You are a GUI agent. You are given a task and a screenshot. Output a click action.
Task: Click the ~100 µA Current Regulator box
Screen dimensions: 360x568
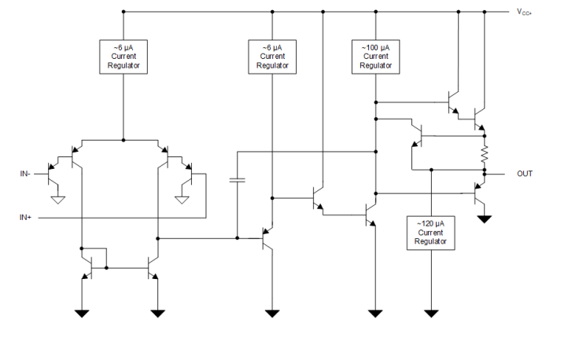click(375, 57)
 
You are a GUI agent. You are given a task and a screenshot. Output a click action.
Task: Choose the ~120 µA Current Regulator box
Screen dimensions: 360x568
click(431, 233)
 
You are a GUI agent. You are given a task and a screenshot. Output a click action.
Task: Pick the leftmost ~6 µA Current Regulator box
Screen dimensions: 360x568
click(124, 57)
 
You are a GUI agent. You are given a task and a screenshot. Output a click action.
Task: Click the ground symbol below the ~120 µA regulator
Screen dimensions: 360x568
click(431, 313)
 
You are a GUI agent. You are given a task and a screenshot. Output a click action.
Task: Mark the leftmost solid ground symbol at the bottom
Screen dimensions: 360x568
click(82, 313)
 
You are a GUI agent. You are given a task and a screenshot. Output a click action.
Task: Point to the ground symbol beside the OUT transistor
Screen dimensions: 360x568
click(485, 218)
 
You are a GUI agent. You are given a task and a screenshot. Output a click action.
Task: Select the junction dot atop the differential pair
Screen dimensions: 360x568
click(124, 140)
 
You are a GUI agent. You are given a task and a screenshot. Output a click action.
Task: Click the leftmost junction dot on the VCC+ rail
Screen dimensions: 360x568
click(124, 12)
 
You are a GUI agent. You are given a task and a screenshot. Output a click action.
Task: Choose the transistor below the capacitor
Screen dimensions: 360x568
click(267, 237)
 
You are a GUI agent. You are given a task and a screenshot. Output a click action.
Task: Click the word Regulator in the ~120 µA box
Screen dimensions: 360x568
click(431, 242)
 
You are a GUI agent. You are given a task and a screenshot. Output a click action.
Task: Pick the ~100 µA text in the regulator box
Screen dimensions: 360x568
click(375, 47)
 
